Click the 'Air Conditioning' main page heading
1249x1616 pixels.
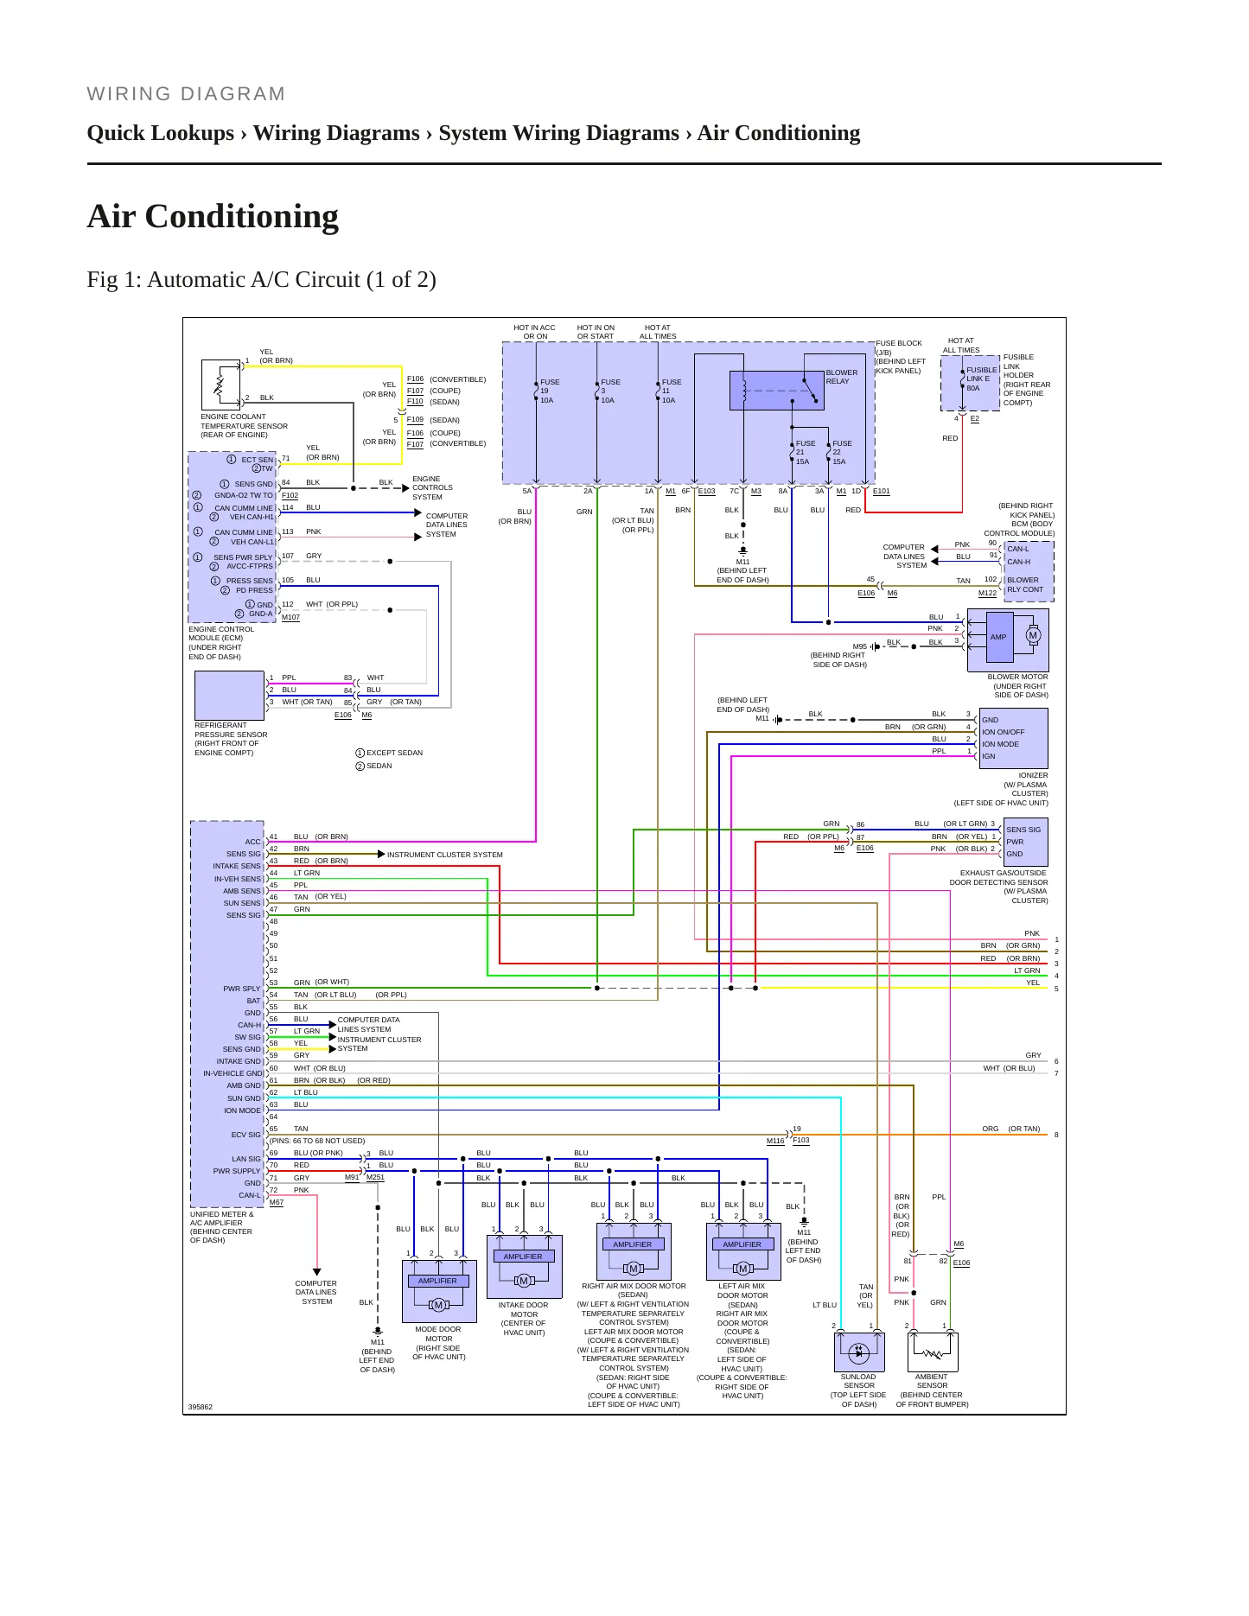[x=213, y=216]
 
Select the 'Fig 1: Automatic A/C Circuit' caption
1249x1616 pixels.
[x=261, y=280]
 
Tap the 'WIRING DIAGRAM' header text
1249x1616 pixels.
[x=186, y=93]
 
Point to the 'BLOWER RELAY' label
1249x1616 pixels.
[x=841, y=377]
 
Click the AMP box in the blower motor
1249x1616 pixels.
[x=999, y=637]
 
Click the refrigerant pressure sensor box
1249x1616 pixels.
[x=229, y=696]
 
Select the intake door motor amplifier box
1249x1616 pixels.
[x=524, y=1267]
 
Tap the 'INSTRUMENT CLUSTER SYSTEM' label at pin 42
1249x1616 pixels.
[x=444, y=855]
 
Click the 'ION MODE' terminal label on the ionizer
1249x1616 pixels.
[x=1000, y=744]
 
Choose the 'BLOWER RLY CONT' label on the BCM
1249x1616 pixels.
[x=1025, y=585]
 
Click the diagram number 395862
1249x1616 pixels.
[x=201, y=1407]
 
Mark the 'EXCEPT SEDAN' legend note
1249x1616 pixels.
[x=389, y=753]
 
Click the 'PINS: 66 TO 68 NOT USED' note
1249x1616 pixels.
[x=317, y=1141]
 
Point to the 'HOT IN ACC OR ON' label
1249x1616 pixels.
[x=534, y=332]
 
